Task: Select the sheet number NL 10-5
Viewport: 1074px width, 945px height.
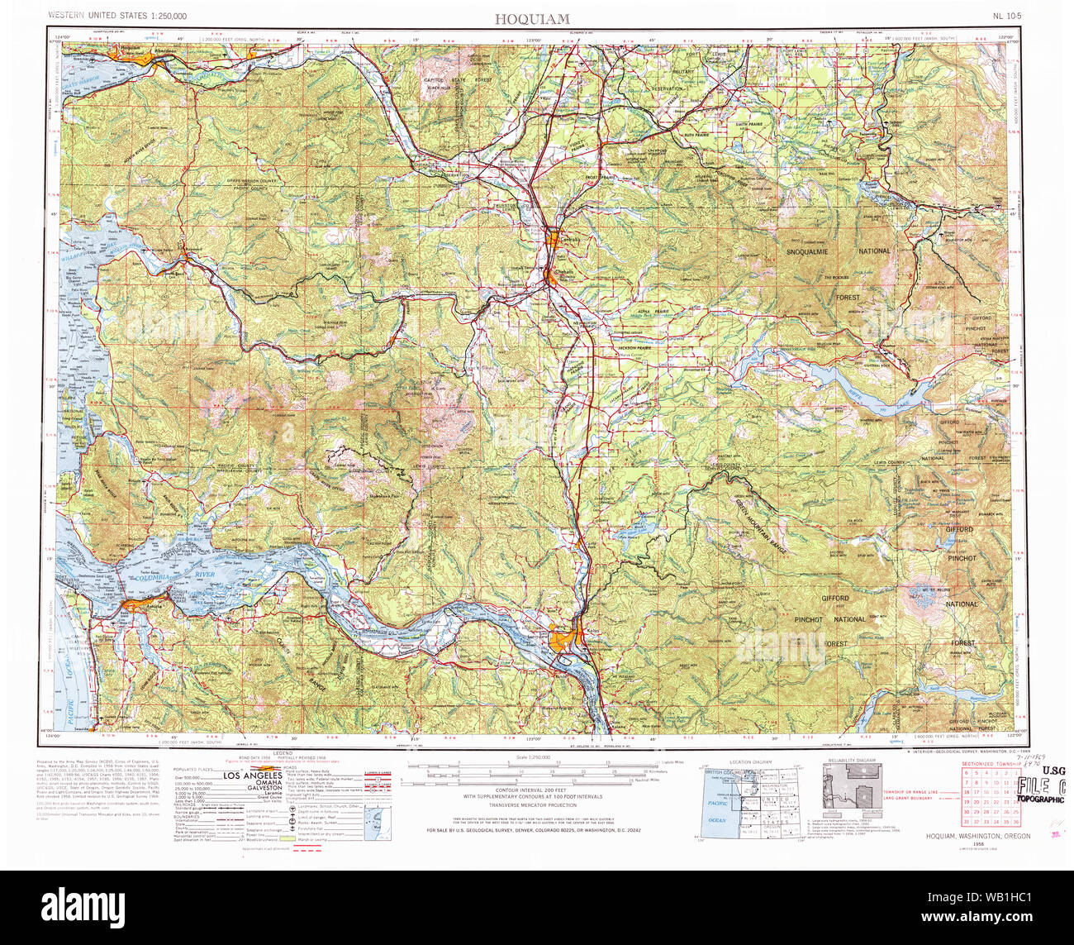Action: pyautogui.click(x=1007, y=16)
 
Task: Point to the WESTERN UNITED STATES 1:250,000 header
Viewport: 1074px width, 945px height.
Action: pyautogui.click(x=116, y=16)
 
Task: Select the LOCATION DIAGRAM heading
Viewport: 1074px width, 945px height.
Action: pyautogui.click(x=750, y=761)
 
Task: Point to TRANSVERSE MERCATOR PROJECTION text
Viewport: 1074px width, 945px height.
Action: pyautogui.click(x=532, y=804)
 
